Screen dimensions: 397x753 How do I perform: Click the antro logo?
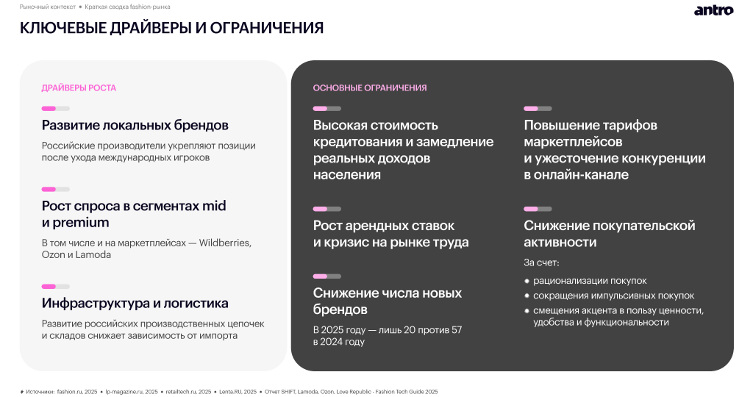click(713, 10)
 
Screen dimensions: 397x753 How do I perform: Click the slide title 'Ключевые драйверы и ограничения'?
click(171, 29)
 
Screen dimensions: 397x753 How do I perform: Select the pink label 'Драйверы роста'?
click(79, 88)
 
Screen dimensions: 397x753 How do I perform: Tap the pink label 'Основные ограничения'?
click(370, 88)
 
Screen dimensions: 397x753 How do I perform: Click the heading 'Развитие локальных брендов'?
click(135, 125)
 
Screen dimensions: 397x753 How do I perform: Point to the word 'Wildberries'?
click(225, 243)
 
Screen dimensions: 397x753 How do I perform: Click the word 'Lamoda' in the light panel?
click(93, 255)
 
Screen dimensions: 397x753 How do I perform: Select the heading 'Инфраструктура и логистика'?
click(135, 304)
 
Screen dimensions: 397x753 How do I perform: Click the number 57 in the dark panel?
click(455, 330)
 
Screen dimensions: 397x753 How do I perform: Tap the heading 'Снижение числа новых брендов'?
click(388, 301)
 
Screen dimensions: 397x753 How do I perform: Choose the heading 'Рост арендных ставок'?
click(384, 226)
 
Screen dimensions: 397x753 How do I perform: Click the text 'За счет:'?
click(541, 262)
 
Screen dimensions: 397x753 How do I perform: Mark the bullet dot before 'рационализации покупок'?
click(527, 281)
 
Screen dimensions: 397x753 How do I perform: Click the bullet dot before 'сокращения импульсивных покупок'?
click(527, 296)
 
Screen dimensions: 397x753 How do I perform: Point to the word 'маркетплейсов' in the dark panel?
click(573, 142)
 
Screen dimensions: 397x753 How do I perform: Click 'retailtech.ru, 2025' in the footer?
click(188, 392)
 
